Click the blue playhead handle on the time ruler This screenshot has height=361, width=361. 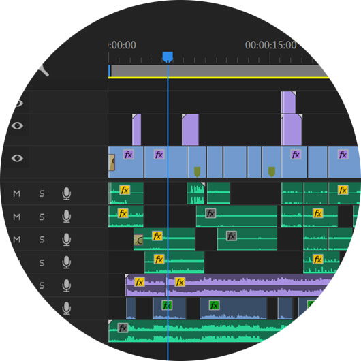pos(168,57)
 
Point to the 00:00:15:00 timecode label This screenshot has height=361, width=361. pos(271,45)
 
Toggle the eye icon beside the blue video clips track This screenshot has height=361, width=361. pos(17,158)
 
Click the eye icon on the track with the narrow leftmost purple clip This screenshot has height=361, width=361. pos(17,126)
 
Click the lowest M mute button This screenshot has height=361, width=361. pos(16,240)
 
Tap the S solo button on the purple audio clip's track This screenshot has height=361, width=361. pos(42,285)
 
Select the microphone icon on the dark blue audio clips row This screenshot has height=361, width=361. pos(67,309)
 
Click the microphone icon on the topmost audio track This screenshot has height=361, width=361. pos(67,193)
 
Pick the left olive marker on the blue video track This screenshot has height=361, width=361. pos(197,172)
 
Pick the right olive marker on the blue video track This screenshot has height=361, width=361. pos(272,172)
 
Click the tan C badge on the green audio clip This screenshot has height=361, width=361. pos(138,240)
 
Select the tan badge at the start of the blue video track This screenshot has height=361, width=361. pos(112,163)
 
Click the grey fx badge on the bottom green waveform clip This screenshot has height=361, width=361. pos(123,328)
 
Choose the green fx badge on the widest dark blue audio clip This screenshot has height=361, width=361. pos(214,306)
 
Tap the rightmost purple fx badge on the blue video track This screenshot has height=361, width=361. pos(343,155)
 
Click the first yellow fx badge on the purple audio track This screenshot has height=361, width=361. pos(139,282)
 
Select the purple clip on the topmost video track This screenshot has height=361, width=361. pos(289,102)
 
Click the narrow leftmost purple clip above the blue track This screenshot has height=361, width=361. pos(136,129)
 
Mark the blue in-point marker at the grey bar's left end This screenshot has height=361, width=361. pos(110,71)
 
